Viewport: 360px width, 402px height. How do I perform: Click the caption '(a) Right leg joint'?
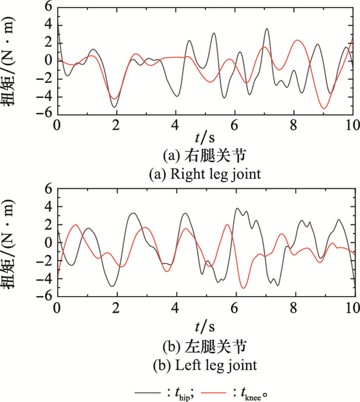click(x=205, y=175)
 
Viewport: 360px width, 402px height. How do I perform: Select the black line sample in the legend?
click(x=147, y=392)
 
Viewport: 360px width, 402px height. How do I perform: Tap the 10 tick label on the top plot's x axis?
click(x=352, y=125)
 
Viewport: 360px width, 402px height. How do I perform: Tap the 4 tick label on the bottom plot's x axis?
click(x=176, y=310)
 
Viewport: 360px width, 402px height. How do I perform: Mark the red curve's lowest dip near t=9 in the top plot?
click(x=324, y=108)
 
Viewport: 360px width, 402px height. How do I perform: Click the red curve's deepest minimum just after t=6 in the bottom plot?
click(x=243, y=288)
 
